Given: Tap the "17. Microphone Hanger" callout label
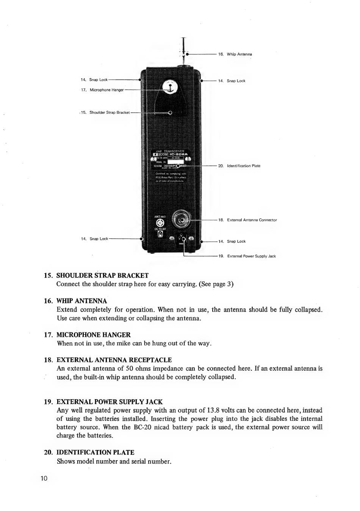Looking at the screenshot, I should point(102,90).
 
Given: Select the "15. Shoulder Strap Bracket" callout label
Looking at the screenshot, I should point(105,112).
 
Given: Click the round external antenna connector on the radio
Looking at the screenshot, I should point(182,220).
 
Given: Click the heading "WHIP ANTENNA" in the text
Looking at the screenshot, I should point(81,301).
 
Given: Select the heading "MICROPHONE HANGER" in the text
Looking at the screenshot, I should point(93,335).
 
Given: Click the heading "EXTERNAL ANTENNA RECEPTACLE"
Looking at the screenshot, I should point(114,360).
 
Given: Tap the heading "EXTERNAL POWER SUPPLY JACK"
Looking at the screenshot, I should point(109,402).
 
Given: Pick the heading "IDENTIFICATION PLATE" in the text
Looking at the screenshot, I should point(95,452).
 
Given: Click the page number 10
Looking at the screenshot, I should point(44,478).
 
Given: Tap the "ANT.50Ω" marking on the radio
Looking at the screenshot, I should point(160,216).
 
